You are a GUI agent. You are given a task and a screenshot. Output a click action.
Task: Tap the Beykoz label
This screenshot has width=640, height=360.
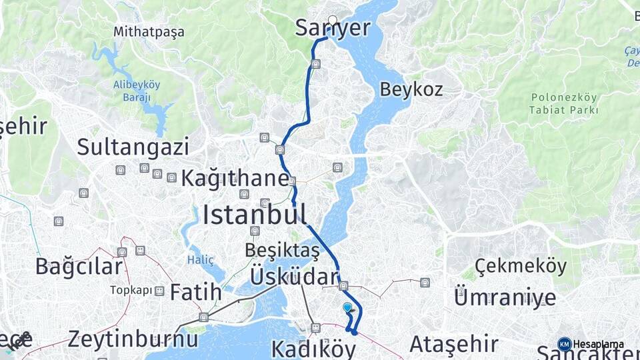point(411,89)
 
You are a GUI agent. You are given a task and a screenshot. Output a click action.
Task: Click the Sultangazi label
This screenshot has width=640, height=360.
point(133,147)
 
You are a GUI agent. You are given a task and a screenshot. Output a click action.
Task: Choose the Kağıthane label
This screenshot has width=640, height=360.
point(235,179)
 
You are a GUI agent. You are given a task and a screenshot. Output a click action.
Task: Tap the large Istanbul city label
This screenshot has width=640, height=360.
point(255,215)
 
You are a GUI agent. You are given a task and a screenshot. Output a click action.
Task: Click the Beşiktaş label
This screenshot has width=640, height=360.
point(282,251)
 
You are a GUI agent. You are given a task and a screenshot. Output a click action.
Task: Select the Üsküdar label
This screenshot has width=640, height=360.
point(294,277)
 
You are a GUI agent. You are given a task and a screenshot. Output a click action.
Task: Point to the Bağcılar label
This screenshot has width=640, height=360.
point(79,267)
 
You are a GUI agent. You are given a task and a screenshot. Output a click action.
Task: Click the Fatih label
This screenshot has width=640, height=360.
point(195,292)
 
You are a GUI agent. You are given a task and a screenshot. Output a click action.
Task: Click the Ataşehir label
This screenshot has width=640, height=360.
point(453,344)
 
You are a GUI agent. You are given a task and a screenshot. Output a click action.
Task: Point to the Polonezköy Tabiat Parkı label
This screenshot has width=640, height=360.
point(564,104)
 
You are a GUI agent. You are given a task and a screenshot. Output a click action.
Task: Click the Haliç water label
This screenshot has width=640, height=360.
point(201,259)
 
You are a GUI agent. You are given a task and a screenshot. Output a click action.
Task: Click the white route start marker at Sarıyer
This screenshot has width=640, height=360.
point(333,20)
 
